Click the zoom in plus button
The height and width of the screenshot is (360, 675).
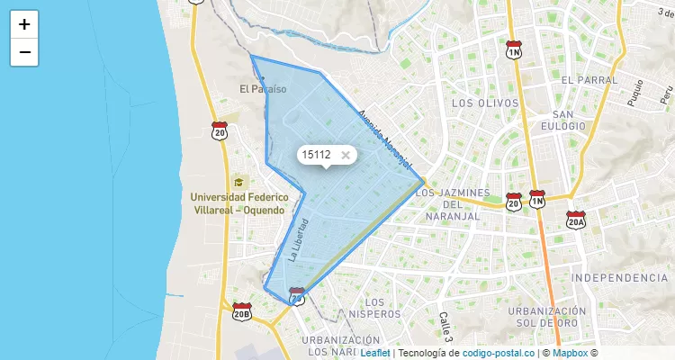click(24, 24)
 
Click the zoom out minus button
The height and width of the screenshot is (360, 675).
click(24, 52)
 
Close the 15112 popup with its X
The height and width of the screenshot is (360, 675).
click(346, 155)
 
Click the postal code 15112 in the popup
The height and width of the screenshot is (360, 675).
click(316, 155)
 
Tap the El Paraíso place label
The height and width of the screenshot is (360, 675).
click(263, 89)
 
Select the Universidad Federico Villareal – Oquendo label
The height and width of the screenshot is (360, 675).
click(237, 202)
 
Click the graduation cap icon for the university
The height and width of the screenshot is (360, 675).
click(238, 183)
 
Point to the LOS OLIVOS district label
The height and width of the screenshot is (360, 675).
click(486, 103)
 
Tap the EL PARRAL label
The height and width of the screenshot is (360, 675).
click(589, 80)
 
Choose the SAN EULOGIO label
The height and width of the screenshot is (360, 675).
click(563, 120)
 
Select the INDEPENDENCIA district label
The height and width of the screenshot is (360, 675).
click(619, 277)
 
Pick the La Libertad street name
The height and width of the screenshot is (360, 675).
click(299, 239)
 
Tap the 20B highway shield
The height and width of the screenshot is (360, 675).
click(241, 312)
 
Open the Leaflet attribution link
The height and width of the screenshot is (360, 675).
click(374, 353)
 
